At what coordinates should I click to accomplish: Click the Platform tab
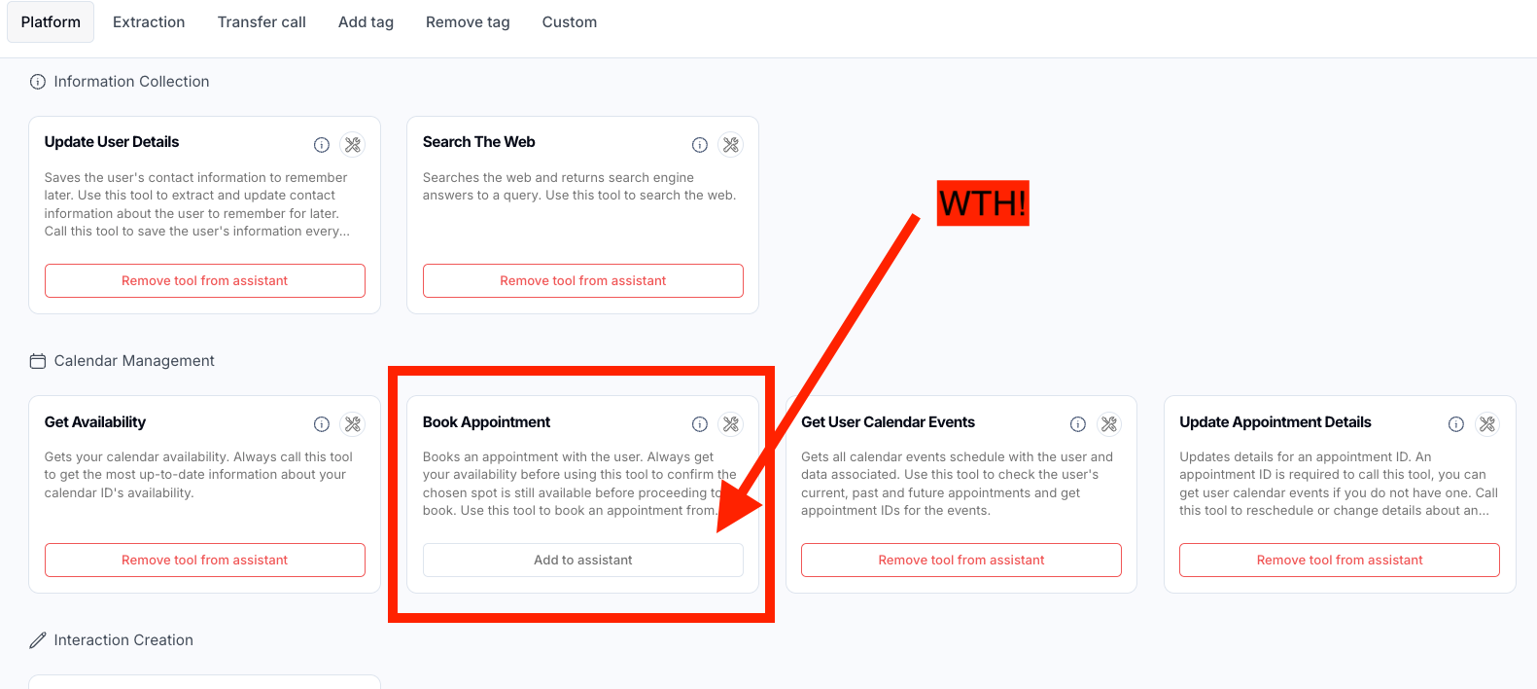click(51, 21)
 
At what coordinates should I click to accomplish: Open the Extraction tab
click(149, 21)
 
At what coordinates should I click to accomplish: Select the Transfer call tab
click(262, 21)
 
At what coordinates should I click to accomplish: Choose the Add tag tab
click(366, 21)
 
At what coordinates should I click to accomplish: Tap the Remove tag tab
click(468, 21)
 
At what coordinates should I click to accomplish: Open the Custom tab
click(570, 21)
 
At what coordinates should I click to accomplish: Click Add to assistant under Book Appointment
click(583, 560)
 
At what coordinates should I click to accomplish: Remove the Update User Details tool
click(205, 280)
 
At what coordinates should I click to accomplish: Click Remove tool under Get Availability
click(205, 560)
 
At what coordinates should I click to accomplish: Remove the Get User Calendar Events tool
click(961, 560)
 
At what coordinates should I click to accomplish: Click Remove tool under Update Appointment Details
click(1340, 560)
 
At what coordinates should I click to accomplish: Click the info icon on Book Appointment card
click(700, 424)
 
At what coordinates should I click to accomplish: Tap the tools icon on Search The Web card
click(731, 145)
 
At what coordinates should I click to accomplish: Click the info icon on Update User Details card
click(322, 145)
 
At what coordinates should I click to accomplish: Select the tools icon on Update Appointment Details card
click(1487, 424)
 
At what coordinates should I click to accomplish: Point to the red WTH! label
click(983, 203)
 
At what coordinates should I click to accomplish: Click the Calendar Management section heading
click(134, 361)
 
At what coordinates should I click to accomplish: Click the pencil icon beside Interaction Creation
click(38, 640)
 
